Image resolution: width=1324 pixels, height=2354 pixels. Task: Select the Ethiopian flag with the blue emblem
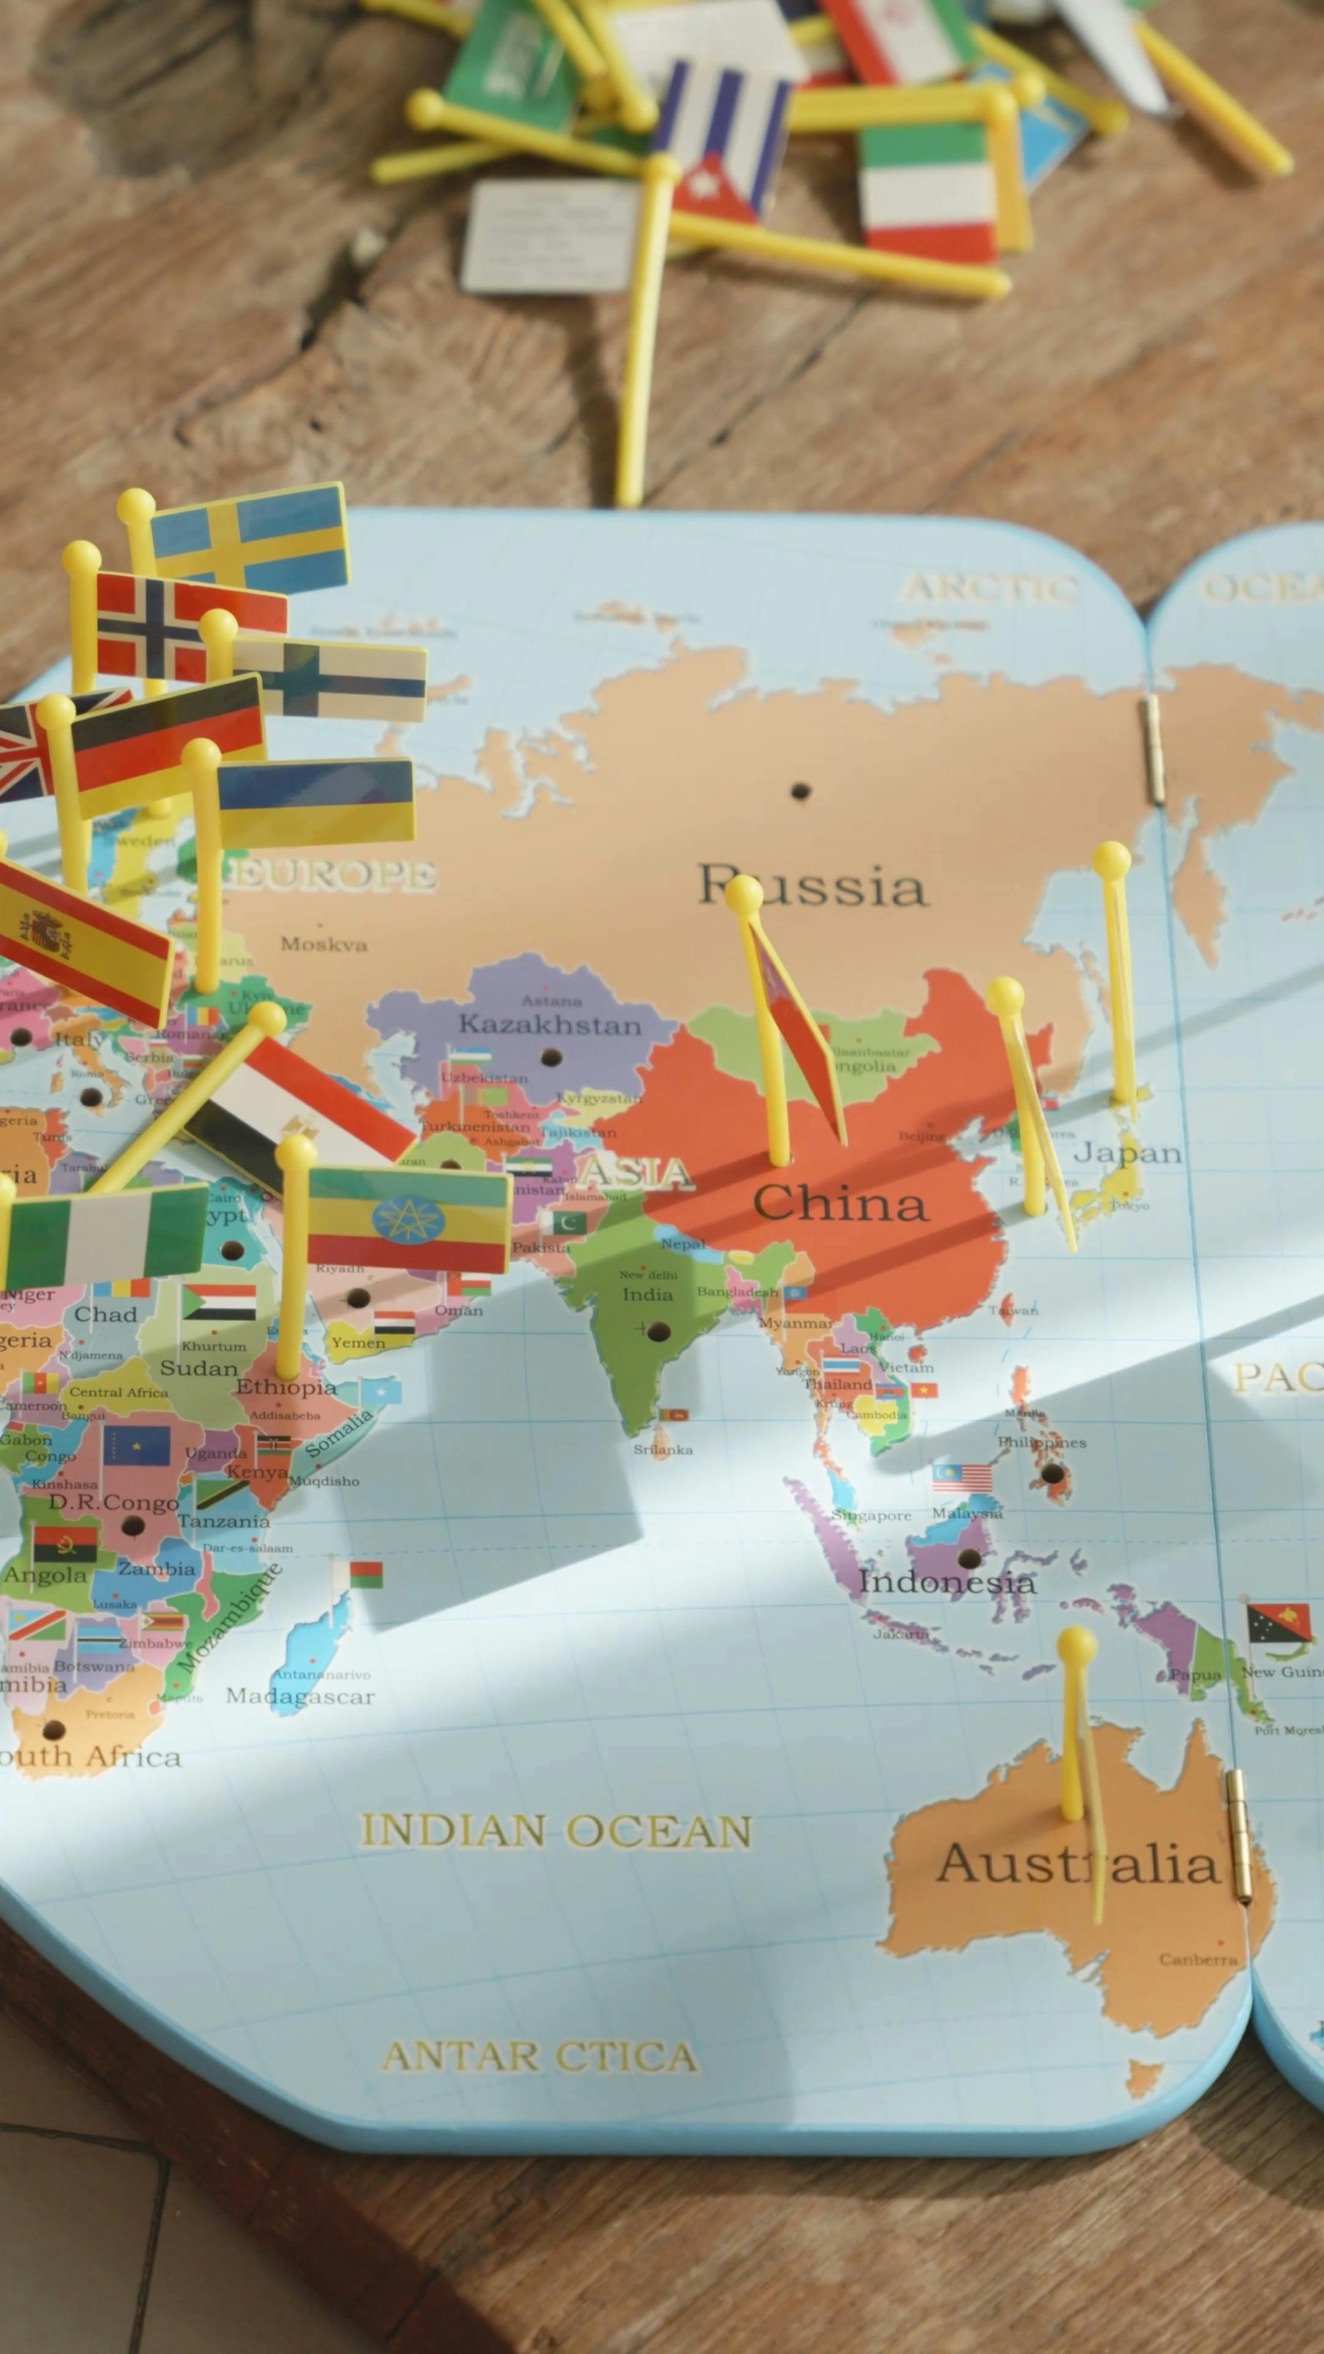coord(408,1219)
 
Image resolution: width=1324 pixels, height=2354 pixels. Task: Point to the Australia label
coord(1078,1864)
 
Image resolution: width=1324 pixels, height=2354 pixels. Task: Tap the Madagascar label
coord(300,1697)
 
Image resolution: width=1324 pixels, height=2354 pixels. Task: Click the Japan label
coord(1127,1152)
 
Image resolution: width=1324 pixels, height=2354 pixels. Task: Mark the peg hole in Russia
coord(801,790)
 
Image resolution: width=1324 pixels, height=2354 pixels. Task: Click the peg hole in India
coord(658,1331)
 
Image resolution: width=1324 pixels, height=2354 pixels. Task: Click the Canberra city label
coord(1198,1959)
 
